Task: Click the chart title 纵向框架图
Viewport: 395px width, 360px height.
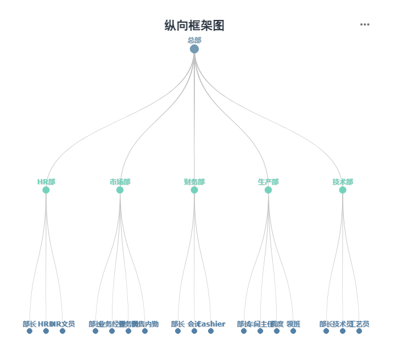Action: point(194,26)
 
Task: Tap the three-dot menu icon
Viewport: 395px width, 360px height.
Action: point(365,24)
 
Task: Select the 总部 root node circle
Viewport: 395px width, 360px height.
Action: point(194,49)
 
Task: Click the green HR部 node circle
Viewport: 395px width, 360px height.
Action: point(46,190)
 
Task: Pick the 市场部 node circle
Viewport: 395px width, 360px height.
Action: point(120,190)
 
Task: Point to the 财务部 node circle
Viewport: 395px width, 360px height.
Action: point(194,190)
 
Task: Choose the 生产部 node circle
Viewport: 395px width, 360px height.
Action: point(268,190)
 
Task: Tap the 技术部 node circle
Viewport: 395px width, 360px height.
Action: point(343,190)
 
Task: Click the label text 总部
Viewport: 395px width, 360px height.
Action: point(194,40)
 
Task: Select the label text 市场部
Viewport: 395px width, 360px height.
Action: point(120,182)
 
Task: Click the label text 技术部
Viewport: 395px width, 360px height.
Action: point(343,182)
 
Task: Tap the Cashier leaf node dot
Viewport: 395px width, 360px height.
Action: point(211,331)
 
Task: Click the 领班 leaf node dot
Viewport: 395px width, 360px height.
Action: point(293,331)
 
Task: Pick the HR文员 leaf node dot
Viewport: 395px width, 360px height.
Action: point(63,331)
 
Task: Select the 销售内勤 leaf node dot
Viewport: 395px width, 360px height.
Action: point(145,331)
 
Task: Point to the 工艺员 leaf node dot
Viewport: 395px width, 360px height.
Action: point(359,331)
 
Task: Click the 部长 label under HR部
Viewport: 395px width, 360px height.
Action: point(30,324)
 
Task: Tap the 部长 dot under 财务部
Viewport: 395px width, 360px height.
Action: point(178,331)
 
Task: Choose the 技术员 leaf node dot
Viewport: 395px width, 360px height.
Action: point(343,331)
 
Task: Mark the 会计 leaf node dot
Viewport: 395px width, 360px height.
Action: point(194,331)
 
